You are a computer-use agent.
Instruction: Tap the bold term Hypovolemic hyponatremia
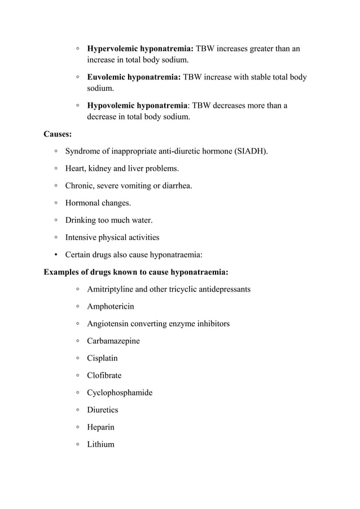point(137,106)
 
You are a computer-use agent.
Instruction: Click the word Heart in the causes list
point(76,169)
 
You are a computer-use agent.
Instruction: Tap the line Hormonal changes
point(98,203)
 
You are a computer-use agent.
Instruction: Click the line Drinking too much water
point(108,220)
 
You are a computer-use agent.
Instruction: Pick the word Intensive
point(82,238)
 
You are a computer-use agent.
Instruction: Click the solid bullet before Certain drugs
point(56,254)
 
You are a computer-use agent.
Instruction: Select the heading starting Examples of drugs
point(136,272)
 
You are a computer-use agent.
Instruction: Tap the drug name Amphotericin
point(111,306)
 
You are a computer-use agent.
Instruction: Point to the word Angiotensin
point(109,324)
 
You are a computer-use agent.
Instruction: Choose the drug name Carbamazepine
point(113,341)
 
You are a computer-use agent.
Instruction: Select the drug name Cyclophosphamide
point(120,393)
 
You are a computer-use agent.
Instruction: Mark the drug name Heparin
point(100,427)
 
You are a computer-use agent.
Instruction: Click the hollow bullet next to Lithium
point(77,444)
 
